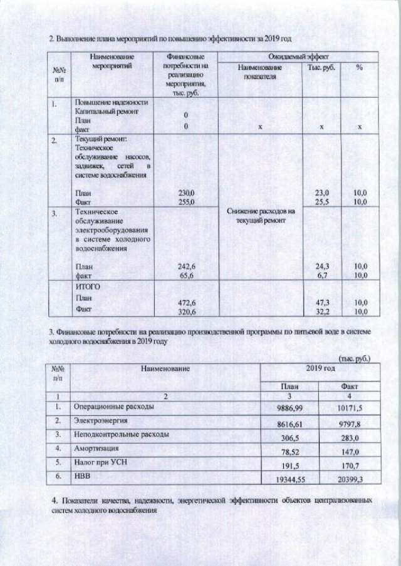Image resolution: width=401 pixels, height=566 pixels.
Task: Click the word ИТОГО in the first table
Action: (x=87, y=286)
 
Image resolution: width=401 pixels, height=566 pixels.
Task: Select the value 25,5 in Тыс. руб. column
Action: (x=321, y=202)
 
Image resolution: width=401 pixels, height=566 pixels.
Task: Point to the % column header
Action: (x=359, y=67)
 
